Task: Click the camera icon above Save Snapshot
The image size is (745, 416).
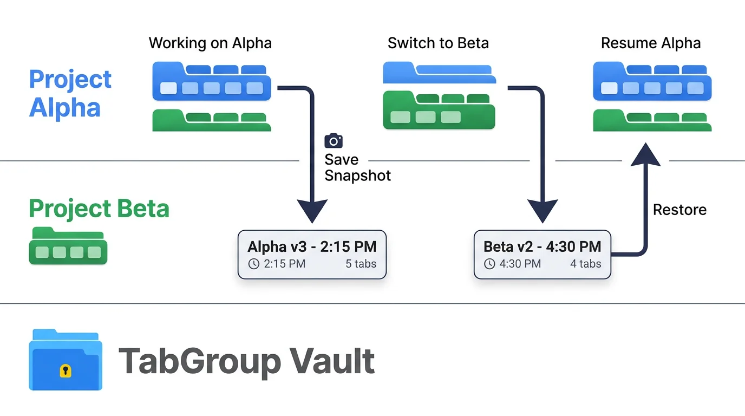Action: (334, 141)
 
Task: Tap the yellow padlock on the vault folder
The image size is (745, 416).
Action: (66, 370)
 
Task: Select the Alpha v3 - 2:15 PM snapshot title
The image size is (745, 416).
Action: (312, 247)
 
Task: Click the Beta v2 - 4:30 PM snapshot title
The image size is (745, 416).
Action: (542, 247)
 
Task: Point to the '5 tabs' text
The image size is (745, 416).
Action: (361, 264)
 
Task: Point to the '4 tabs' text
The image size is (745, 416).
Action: (585, 264)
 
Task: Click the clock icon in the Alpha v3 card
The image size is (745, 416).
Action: (253, 264)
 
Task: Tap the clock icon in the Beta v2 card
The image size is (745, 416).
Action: (489, 264)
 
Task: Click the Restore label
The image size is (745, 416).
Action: (679, 210)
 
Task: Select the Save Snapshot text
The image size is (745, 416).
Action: (357, 167)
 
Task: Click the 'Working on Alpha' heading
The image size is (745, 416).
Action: (210, 43)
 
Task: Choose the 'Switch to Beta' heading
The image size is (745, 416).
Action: (438, 43)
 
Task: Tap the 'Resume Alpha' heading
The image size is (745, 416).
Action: (651, 43)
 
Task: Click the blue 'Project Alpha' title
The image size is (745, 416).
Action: (70, 93)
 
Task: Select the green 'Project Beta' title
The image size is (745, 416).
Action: (99, 209)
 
